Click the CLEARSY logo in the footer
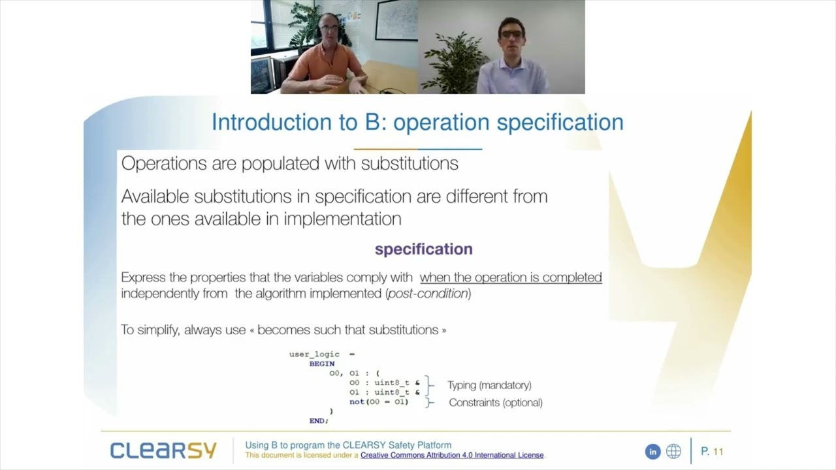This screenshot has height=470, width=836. click(x=163, y=450)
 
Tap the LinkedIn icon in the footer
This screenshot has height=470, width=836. click(x=652, y=451)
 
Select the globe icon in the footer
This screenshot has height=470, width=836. click(x=673, y=451)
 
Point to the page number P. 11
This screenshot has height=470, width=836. click(x=712, y=451)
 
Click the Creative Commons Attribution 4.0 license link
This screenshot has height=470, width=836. click(x=452, y=455)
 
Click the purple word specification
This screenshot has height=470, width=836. click(x=423, y=249)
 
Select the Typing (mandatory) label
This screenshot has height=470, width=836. click(x=489, y=385)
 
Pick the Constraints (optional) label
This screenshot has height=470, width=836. click(x=496, y=403)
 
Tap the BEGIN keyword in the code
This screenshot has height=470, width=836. click(x=322, y=364)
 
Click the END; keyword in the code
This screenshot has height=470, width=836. click(x=319, y=421)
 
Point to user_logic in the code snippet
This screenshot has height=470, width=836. click(x=314, y=354)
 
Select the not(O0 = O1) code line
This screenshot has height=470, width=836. click(x=379, y=401)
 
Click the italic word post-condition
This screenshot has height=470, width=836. click(x=428, y=294)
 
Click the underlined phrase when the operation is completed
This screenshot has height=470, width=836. click(x=511, y=277)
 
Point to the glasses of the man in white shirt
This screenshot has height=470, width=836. click(x=511, y=33)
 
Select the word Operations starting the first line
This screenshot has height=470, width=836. click(x=163, y=163)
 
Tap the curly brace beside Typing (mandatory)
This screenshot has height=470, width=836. click(x=429, y=385)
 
